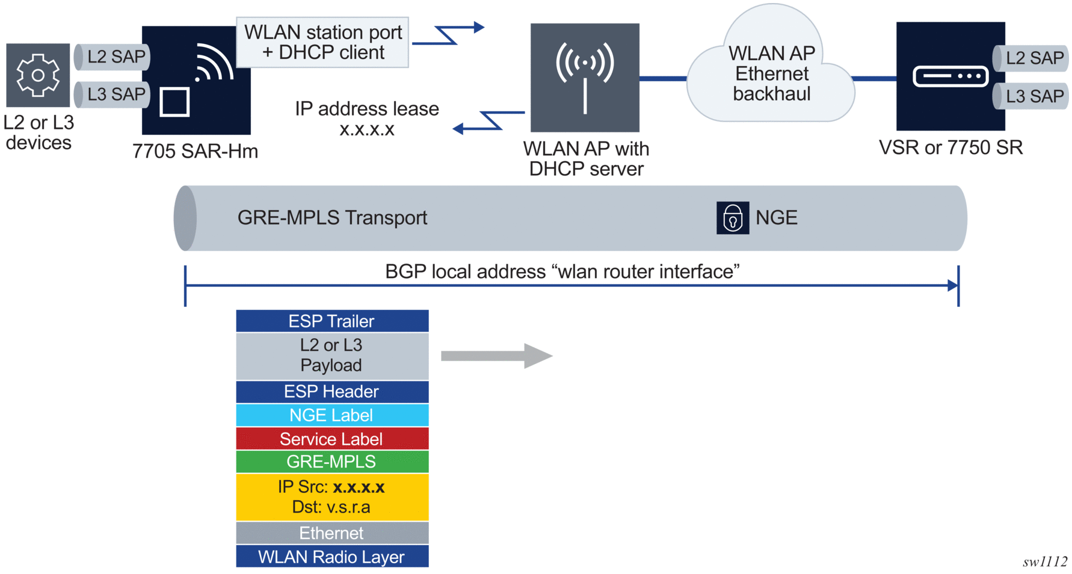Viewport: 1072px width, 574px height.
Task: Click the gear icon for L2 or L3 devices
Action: click(38, 75)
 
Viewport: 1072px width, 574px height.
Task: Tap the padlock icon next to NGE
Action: click(732, 218)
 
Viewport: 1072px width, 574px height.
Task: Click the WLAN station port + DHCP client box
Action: click(322, 42)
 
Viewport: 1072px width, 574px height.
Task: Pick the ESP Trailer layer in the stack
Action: click(332, 321)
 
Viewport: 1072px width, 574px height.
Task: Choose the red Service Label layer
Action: click(332, 439)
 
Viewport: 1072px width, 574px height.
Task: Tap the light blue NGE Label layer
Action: click(332, 415)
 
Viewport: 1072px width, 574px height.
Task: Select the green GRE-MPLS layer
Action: click(332, 462)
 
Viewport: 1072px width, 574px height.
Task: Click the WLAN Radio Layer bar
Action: click(332, 557)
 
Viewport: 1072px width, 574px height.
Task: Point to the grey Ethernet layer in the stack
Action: click(332, 533)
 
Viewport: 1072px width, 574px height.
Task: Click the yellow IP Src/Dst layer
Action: click(332, 497)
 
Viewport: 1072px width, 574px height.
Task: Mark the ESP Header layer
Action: click(332, 392)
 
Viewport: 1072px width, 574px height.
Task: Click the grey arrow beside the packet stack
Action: click(496, 356)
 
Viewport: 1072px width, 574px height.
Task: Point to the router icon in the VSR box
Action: click(950, 76)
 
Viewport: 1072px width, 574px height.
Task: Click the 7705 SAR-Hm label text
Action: click(195, 151)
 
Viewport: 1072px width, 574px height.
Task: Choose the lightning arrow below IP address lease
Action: click(487, 122)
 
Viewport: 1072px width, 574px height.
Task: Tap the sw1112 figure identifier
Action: click(1044, 561)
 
